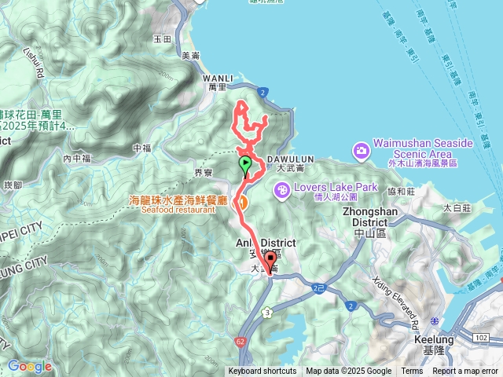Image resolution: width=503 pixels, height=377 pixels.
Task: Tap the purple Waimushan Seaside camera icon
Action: click(x=361, y=149)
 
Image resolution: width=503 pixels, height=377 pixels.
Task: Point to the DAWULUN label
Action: click(x=296, y=159)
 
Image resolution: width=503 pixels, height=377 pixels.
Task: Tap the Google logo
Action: click(x=29, y=366)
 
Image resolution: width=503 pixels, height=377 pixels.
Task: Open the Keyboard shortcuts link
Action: click(x=263, y=372)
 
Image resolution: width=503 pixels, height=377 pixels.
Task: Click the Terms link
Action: click(x=412, y=372)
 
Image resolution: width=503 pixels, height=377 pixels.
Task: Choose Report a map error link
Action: click(x=466, y=372)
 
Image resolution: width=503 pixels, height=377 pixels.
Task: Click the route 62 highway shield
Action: click(x=239, y=342)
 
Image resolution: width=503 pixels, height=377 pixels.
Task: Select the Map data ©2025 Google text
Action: click(x=348, y=372)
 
